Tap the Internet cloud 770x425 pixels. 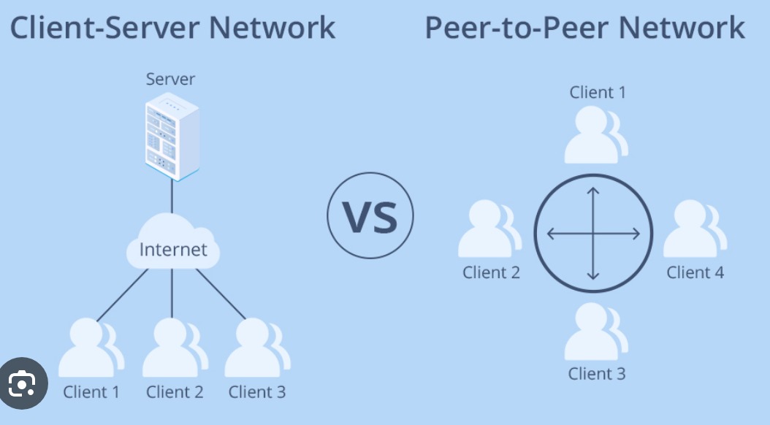coord(173,248)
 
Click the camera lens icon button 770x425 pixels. coord(23,383)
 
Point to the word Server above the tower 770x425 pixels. coord(171,79)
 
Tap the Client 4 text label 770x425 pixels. coord(695,272)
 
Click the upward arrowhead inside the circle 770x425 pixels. coord(593,192)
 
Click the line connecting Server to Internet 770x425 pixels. coord(172,197)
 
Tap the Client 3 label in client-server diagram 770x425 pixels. coord(256,392)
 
